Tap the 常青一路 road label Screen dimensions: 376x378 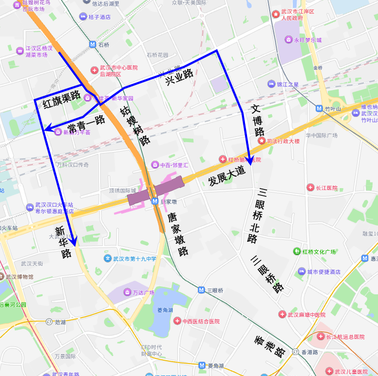coord(86,124)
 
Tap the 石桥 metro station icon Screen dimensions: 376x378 coord(93,45)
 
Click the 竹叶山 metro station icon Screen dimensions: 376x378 coord(319,108)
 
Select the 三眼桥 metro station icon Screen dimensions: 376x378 coord(201,290)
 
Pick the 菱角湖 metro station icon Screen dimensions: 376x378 coord(201,365)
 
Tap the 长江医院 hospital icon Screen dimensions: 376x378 coord(310,188)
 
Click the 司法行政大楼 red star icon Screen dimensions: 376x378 coord(261,141)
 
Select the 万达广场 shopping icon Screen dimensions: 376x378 coord(127,292)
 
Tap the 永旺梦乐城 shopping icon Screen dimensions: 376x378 coord(289,39)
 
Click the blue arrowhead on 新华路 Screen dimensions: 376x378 coord(73,242)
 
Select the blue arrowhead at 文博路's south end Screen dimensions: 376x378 coord(250,161)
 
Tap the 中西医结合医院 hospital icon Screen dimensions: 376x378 coord(178,321)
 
